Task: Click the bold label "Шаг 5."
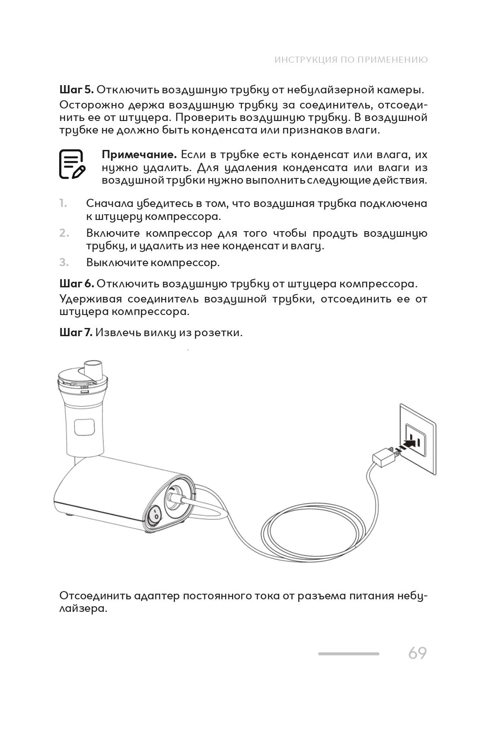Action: click(76, 90)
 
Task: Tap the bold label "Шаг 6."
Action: click(76, 284)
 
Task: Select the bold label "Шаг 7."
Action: click(76, 333)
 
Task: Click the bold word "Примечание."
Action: click(139, 155)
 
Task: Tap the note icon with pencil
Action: click(72, 164)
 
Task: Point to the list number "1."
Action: click(63, 203)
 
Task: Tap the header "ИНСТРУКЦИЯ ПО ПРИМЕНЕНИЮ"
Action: click(351, 60)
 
